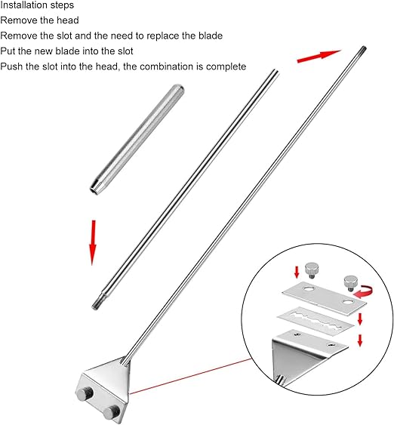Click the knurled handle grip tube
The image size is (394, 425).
[x=137, y=138]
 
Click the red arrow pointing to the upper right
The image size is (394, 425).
[x=319, y=56]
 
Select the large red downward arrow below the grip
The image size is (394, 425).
[x=93, y=242]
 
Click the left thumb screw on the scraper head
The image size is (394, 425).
[x=85, y=394]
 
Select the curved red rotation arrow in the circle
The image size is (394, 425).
[x=364, y=291]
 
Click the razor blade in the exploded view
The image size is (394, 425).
[x=316, y=320]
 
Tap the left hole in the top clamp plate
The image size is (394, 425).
[x=308, y=288]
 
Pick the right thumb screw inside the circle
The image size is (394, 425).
[x=350, y=282]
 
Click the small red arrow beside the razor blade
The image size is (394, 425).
[x=360, y=319]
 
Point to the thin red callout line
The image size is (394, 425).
[x=190, y=377]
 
